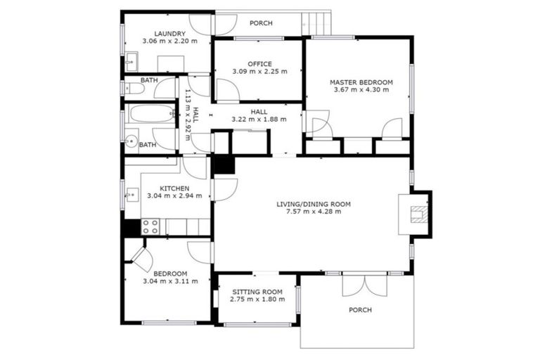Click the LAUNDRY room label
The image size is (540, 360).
tap(169, 33)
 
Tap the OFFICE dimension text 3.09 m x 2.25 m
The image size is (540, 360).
tap(259, 72)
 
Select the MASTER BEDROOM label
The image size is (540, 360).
tap(361, 82)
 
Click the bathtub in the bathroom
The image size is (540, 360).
tap(149, 115)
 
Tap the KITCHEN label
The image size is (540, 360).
tap(174, 188)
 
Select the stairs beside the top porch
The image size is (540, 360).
tap(318, 22)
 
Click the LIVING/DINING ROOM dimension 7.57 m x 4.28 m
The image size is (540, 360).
tap(313, 212)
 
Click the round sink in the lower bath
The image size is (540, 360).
tap(131, 140)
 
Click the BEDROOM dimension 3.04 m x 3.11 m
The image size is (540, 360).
tap(170, 281)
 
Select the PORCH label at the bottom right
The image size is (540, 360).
tap(359, 309)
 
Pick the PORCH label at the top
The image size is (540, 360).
tap(261, 23)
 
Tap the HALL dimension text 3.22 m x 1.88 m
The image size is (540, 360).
tap(259, 119)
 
